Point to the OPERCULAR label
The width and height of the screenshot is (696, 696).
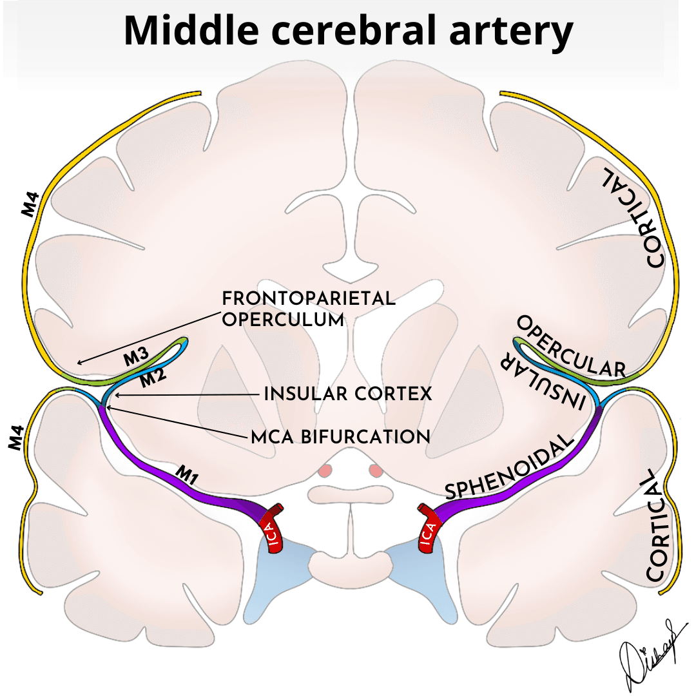571,347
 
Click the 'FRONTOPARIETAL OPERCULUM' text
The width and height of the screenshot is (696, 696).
308,309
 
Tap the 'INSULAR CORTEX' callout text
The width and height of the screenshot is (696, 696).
348,394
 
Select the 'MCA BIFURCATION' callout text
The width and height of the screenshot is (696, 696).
340,436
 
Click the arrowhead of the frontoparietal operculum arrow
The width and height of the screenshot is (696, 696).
77,363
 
